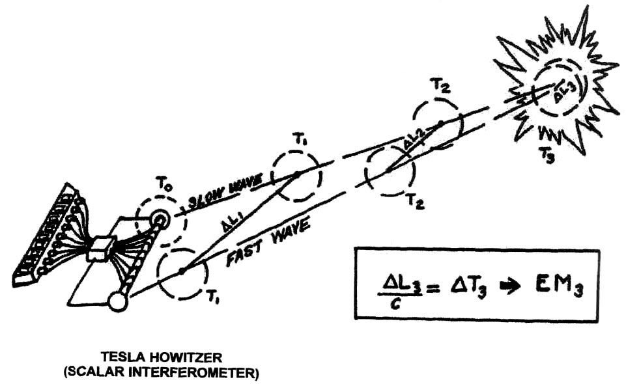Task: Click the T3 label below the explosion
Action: point(547,154)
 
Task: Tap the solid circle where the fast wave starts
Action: point(118,302)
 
